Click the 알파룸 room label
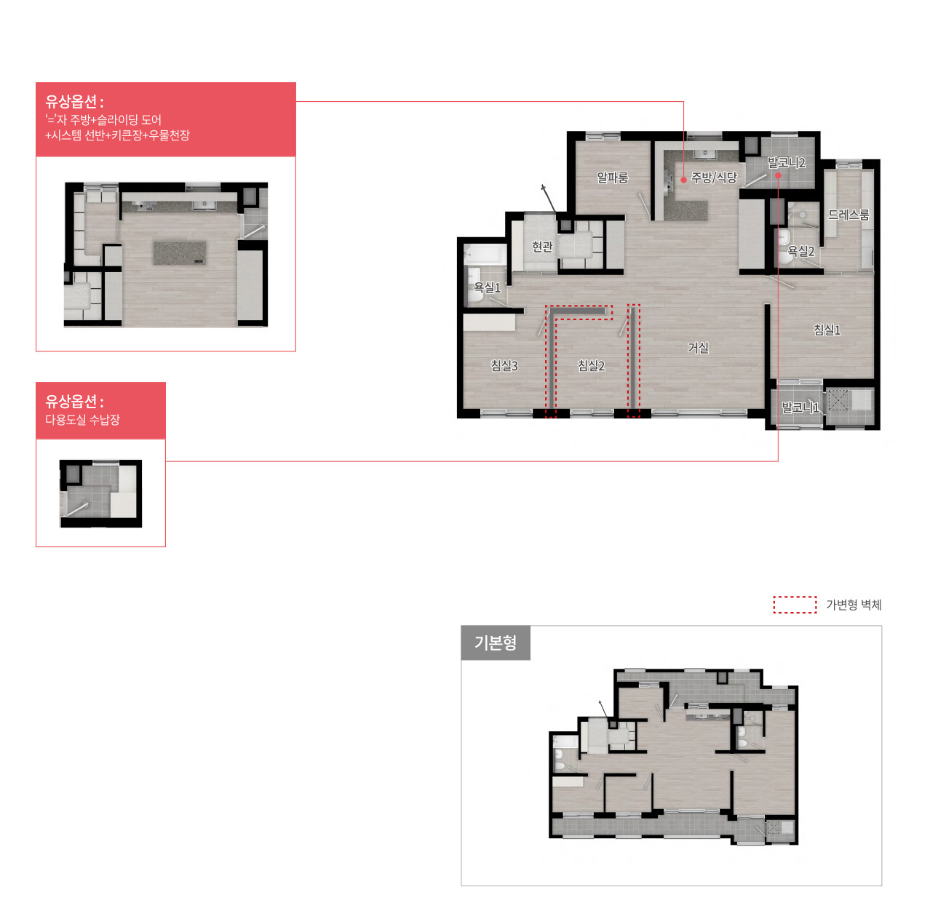pyautogui.click(x=612, y=178)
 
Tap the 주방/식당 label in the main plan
pyautogui.click(x=714, y=178)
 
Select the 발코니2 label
pyautogui.click(x=786, y=163)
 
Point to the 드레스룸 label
pyautogui.click(x=848, y=215)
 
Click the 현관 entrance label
pyautogui.click(x=542, y=247)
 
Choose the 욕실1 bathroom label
pyautogui.click(x=487, y=287)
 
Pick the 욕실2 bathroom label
pyautogui.click(x=800, y=251)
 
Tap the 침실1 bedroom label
pyautogui.click(x=827, y=330)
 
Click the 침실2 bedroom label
pyautogui.click(x=591, y=365)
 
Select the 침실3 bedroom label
pyautogui.click(x=504, y=365)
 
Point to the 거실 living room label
pyautogui.click(x=698, y=348)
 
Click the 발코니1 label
pyautogui.click(x=800, y=407)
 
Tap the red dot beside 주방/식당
pyautogui.click(x=683, y=180)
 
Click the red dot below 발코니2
pyautogui.click(x=778, y=175)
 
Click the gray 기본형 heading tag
pyautogui.click(x=495, y=642)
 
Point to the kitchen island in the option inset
pyautogui.click(x=180, y=252)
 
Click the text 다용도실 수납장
pyautogui.click(x=82, y=419)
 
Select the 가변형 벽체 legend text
pyautogui.click(x=853, y=605)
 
